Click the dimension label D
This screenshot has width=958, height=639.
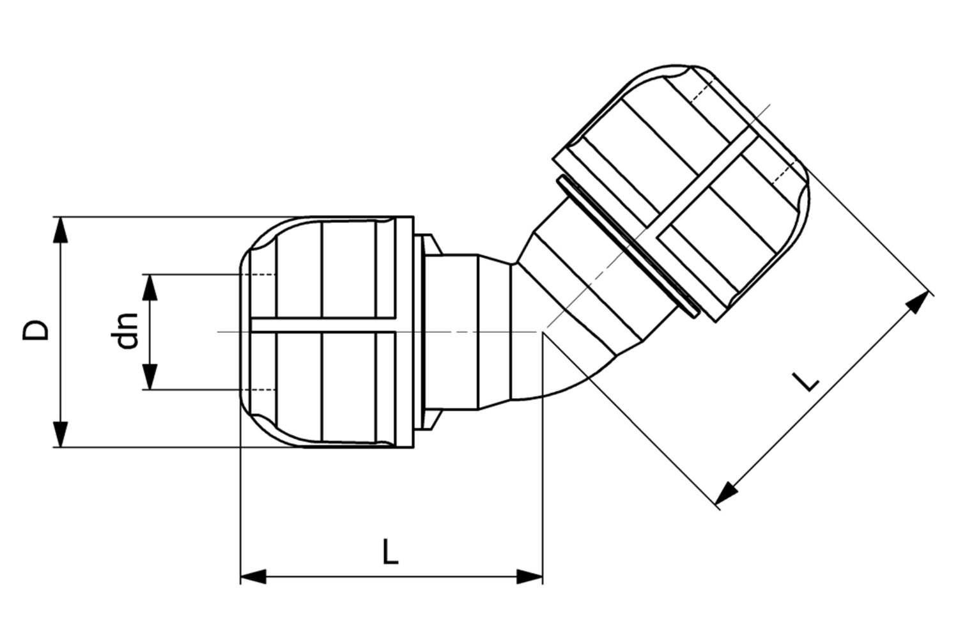tap(36, 330)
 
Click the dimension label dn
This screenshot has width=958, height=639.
tap(128, 330)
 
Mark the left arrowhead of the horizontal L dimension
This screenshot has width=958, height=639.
tap(253, 576)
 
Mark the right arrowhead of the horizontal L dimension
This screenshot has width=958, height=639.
tap(530, 576)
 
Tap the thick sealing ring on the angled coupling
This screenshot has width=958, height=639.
tap(626, 246)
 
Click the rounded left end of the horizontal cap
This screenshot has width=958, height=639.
tap(246, 332)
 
